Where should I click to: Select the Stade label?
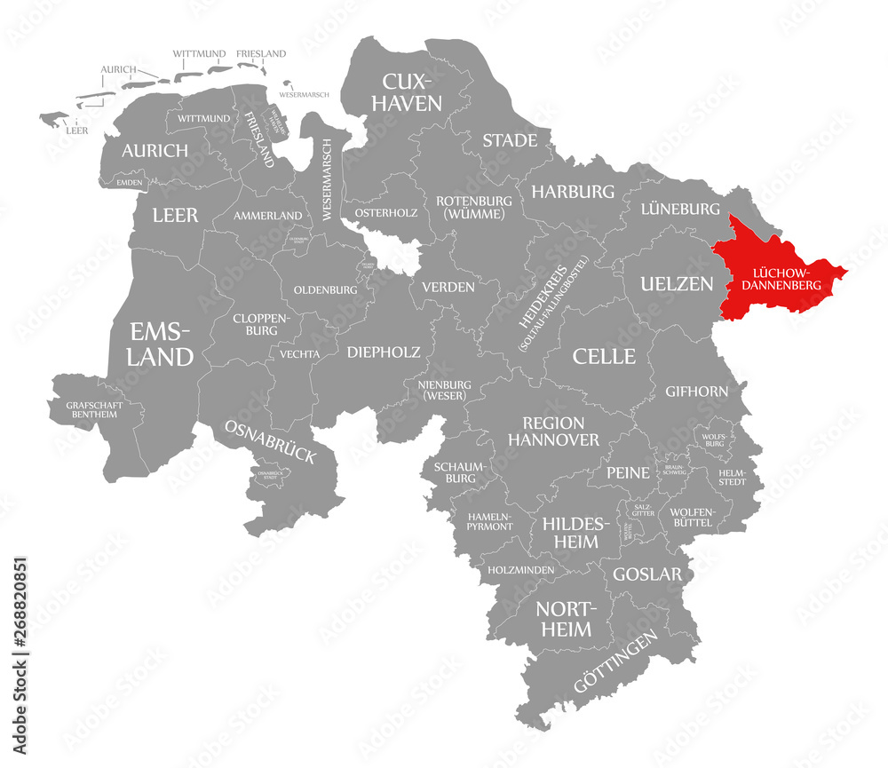[510, 140]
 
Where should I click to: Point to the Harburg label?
[573, 191]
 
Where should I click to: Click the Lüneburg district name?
[680, 209]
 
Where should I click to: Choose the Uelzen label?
[677, 284]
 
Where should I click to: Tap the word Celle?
[604, 356]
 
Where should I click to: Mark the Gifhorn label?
[697, 391]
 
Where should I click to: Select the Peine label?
[629, 472]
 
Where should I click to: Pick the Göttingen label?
[616, 662]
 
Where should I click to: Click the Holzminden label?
[520, 569]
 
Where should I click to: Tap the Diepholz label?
[385, 352]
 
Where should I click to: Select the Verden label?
[448, 287]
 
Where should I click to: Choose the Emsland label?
[161, 344]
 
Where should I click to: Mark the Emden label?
[130, 182]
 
